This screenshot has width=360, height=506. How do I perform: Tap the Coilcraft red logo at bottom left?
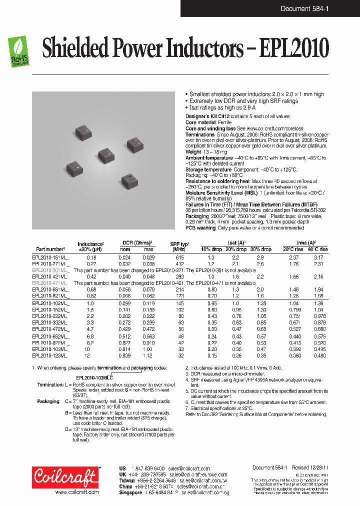(x=65, y=477)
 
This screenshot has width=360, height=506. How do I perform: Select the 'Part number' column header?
(x=49, y=249)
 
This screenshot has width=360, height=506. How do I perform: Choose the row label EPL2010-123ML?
(x=49, y=355)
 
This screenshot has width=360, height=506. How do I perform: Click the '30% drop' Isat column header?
(x=260, y=249)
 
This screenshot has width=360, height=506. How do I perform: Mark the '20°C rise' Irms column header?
(x=293, y=249)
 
